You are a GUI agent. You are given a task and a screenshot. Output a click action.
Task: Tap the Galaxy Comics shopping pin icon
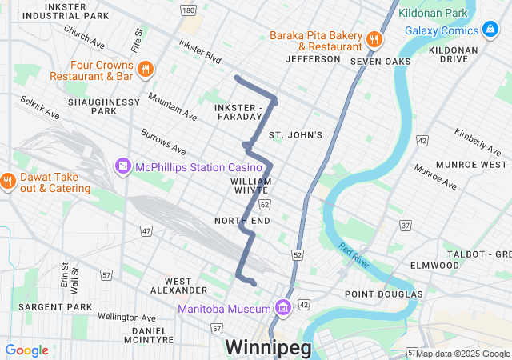click(490, 30)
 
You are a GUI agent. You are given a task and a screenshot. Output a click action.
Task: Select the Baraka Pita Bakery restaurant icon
click(373, 40)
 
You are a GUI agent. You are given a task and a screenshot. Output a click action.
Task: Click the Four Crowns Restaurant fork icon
click(145, 69)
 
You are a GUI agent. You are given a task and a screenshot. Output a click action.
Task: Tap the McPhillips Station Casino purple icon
click(123, 166)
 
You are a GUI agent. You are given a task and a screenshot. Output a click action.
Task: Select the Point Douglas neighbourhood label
click(383, 294)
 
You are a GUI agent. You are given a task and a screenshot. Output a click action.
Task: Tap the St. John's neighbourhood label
click(295, 135)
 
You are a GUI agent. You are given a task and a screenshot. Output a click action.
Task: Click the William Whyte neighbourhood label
click(251, 186)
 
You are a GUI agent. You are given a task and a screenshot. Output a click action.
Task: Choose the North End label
click(238, 220)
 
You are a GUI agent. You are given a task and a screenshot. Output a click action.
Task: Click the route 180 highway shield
click(188, 10)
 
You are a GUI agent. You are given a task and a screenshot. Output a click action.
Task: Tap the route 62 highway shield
click(264, 205)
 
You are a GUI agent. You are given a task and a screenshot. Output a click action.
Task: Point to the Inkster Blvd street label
click(199, 50)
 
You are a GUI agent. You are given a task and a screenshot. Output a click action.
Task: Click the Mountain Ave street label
click(173, 104)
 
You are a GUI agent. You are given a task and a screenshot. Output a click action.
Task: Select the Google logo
click(27, 350)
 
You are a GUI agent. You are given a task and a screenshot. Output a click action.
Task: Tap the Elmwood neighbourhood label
click(434, 265)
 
